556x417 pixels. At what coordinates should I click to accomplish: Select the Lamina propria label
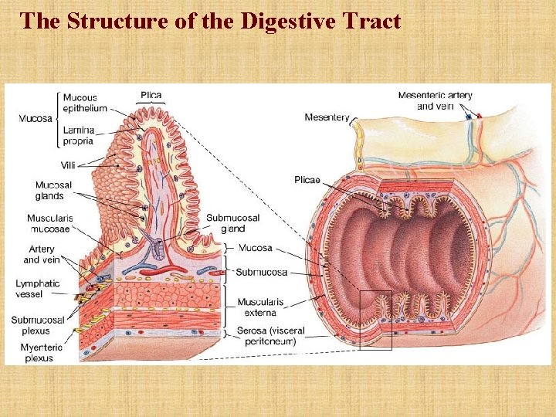click(78, 136)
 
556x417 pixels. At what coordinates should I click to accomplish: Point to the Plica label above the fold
click(151, 96)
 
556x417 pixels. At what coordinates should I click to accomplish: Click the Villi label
click(68, 165)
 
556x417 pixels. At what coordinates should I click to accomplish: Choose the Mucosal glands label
click(53, 190)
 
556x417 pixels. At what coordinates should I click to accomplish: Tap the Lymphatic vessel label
click(37, 289)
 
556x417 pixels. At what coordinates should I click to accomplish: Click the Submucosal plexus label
click(38, 325)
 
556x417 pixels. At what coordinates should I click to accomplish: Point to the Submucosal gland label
click(232, 223)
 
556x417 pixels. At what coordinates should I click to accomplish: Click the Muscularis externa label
click(260, 307)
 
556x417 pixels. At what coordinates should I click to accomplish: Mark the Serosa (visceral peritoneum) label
click(270, 336)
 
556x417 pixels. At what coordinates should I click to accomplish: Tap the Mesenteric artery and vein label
click(435, 100)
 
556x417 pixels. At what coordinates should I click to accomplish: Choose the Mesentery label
click(327, 117)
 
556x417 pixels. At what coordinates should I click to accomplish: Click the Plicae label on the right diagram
click(307, 179)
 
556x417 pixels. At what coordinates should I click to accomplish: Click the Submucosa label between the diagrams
click(261, 272)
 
